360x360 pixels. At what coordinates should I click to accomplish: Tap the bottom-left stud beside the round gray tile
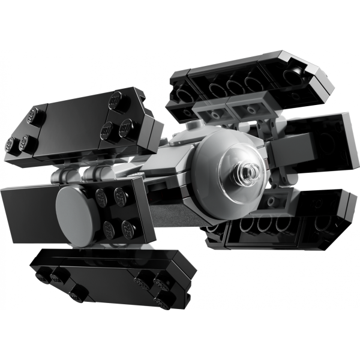pos(109,227)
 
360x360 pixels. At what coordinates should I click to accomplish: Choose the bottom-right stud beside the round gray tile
pos(128,228)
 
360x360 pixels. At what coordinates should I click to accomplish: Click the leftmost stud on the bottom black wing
pos(43,275)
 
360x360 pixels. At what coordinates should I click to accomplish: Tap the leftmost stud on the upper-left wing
pos(10,143)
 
